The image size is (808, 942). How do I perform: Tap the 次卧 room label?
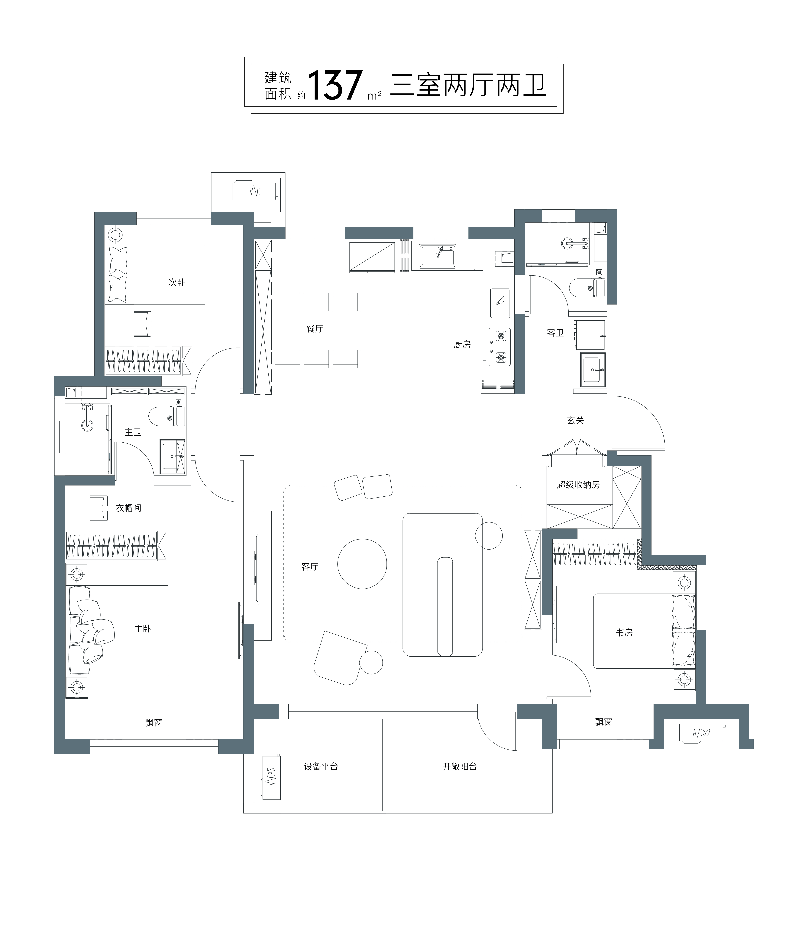point(176,282)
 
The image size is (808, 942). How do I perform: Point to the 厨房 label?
point(462,345)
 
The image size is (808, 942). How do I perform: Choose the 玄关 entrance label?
point(576,421)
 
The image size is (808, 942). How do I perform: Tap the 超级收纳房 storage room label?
point(578,485)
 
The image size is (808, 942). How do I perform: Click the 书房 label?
point(624,632)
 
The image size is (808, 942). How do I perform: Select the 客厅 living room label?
point(310,566)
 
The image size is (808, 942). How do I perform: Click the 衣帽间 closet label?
point(128,508)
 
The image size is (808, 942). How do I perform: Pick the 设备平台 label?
point(321,766)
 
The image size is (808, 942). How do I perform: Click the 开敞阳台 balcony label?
point(460,766)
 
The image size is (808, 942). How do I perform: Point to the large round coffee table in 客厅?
point(362,564)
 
